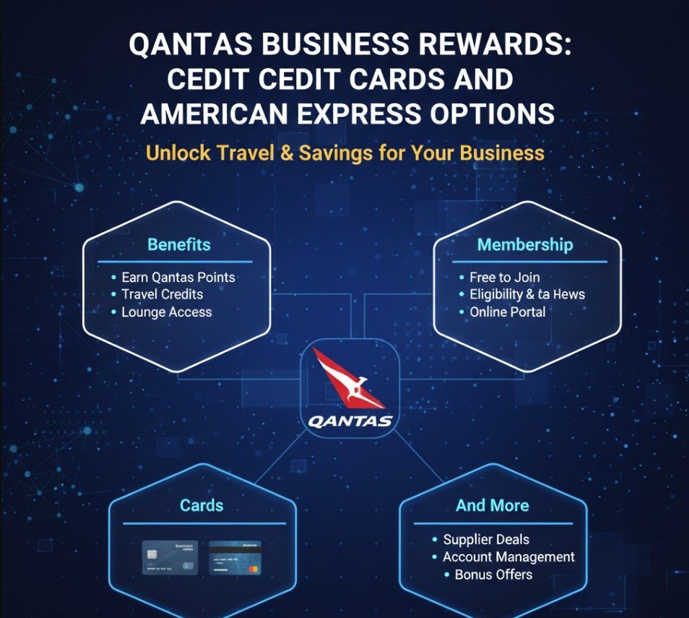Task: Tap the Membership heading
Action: (x=525, y=244)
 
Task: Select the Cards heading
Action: (x=201, y=505)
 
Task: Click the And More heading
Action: (x=493, y=505)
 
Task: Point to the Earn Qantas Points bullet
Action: (x=178, y=277)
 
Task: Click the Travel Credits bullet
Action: (x=162, y=294)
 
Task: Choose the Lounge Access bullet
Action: (x=166, y=312)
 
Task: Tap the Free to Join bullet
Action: (x=504, y=277)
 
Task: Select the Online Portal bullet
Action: (x=507, y=312)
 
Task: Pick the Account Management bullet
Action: (x=508, y=557)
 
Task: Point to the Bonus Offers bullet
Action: (x=493, y=575)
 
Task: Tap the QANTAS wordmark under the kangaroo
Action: (x=350, y=421)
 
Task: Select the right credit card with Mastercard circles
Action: (x=235, y=557)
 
